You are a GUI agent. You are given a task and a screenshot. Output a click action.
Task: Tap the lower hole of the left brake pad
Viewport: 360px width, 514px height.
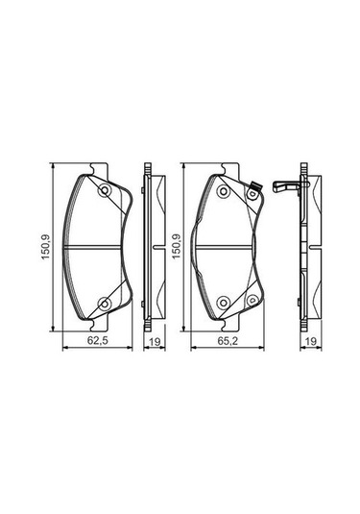pos(104,305)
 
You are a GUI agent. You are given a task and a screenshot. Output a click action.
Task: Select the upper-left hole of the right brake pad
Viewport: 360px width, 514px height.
pos(222,193)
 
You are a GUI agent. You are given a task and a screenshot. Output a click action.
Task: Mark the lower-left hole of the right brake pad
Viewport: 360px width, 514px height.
pos(222,305)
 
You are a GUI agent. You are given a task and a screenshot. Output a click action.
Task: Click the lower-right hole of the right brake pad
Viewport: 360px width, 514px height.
pos(252,300)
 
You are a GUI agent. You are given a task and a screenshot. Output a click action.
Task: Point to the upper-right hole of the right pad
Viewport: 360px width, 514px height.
pos(252,198)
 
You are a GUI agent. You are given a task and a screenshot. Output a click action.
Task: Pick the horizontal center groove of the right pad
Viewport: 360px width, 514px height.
pos(228,249)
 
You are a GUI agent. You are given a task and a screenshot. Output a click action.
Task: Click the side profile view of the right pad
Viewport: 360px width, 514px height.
pos(305,248)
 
